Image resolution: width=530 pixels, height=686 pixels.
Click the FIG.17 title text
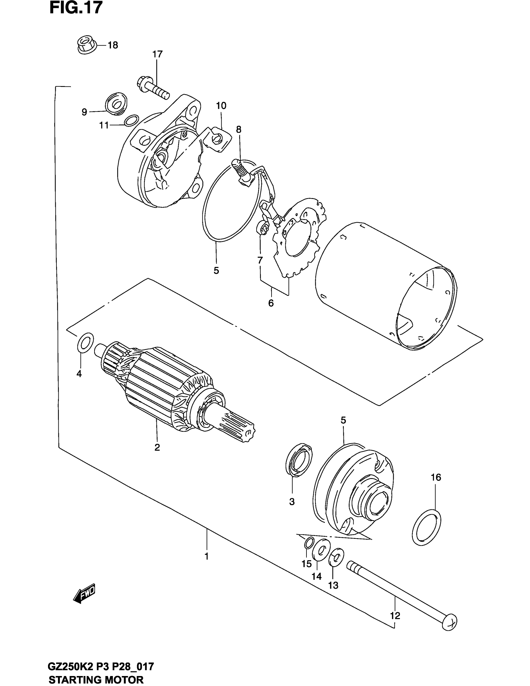[x=76, y=8]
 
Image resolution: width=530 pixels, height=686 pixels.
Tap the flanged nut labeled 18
[x=87, y=45]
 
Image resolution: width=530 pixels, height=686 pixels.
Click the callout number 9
[x=84, y=112]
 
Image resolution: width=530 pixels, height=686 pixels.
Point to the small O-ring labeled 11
[x=131, y=120]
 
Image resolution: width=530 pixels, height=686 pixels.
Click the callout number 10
[x=221, y=106]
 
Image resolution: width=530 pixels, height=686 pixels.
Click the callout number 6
[x=271, y=303]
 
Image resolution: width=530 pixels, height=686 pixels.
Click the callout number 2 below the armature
[x=157, y=447]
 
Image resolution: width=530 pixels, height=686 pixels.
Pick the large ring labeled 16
[x=426, y=530]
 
